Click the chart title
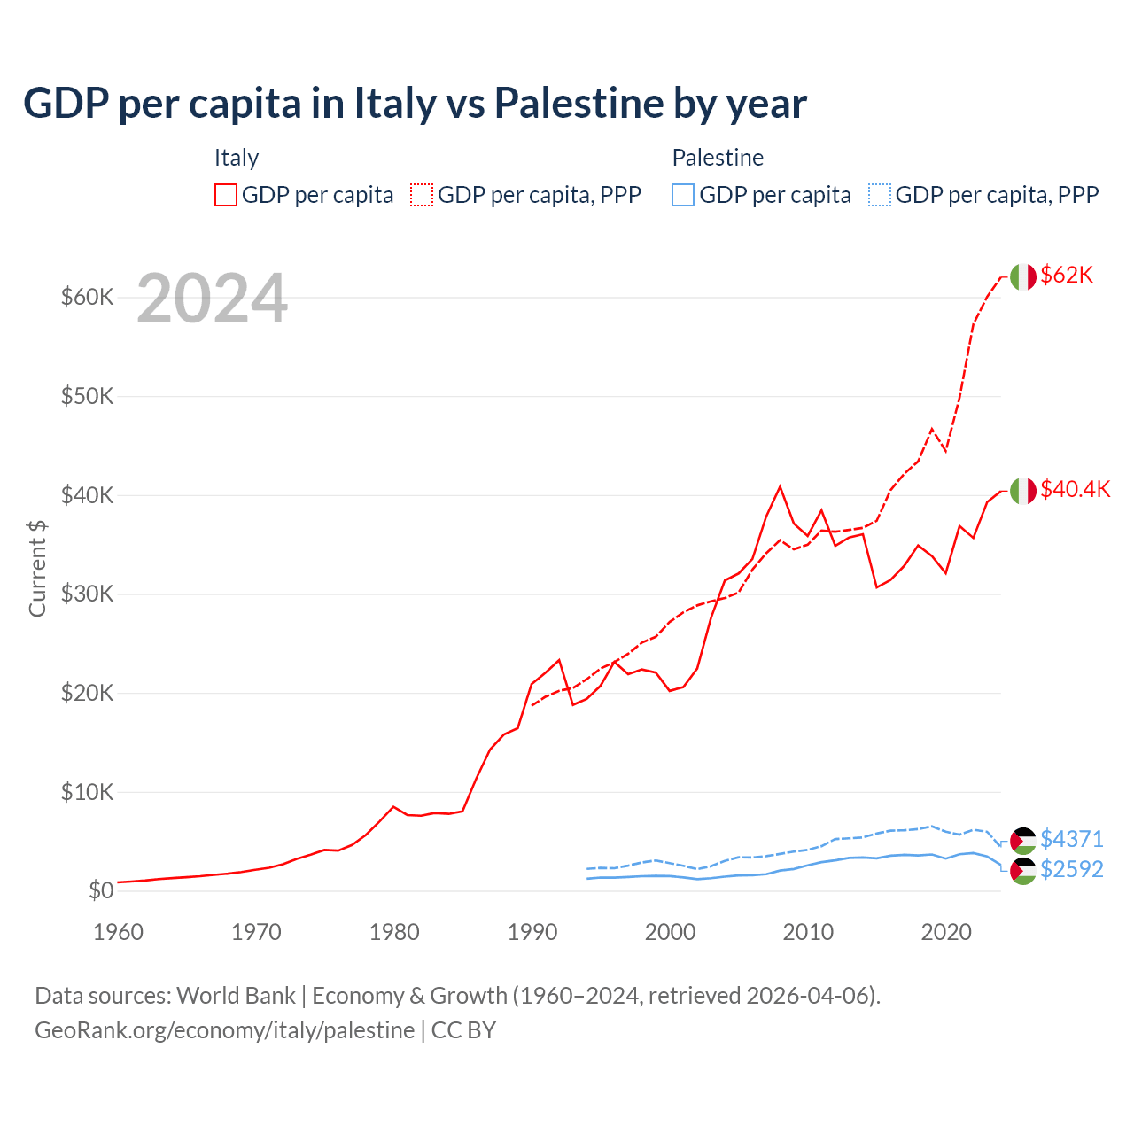415,103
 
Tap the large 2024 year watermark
212,299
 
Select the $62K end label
1067,275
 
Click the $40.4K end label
1075,489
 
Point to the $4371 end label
1071,838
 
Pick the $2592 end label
1071,869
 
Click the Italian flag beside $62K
1022,276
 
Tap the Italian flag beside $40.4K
1022,490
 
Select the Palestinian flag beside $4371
1022,841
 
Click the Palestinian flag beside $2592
1022,871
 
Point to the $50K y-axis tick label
87,396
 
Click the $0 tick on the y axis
101,890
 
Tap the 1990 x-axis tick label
532,932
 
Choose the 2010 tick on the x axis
808,932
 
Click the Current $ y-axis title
37,568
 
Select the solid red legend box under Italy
226,195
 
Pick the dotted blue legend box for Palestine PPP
880,195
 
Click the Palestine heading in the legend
718,158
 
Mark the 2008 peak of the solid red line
780,486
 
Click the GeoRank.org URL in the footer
224,1030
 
